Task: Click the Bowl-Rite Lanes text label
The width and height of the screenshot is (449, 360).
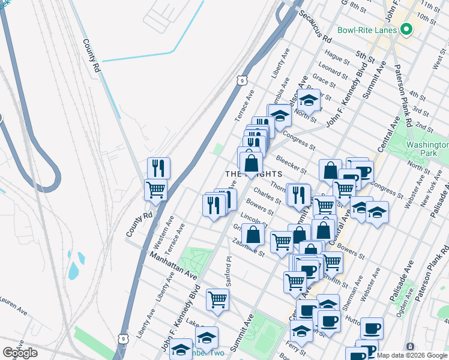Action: (x=367, y=30)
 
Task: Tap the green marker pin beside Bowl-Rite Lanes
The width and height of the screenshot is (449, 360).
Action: (x=406, y=29)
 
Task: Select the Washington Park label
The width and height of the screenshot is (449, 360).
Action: (x=426, y=149)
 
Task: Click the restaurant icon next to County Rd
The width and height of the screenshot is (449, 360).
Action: (x=158, y=167)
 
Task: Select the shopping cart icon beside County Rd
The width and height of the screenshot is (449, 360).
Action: (x=155, y=190)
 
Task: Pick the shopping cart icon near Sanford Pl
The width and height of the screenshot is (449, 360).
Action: (x=217, y=299)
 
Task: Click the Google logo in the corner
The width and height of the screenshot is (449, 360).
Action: (x=20, y=352)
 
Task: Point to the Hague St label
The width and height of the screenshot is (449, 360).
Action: (x=337, y=57)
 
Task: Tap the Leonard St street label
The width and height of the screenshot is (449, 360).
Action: (x=333, y=70)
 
